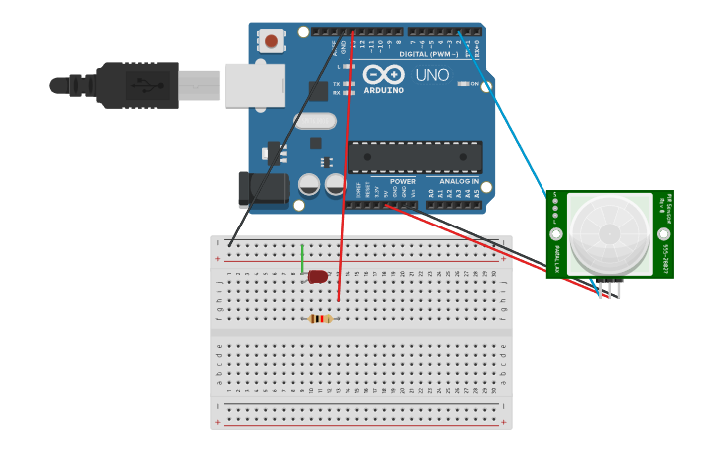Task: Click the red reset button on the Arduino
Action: point(271,41)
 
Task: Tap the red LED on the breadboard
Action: point(318,276)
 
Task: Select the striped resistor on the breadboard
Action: point(320,319)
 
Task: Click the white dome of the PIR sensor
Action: point(609,234)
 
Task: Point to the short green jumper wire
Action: point(302,258)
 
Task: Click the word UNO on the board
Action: point(432,75)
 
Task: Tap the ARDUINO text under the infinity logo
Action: point(384,90)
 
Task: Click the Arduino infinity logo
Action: point(383,74)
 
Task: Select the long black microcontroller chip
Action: point(415,156)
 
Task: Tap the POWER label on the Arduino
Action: point(403,181)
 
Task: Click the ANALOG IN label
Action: point(459,181)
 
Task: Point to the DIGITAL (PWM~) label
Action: point(429,54)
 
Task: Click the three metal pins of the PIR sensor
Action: point(609,288)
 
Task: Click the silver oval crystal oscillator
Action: point(316,121)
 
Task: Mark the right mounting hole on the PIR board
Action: point(664,234)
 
